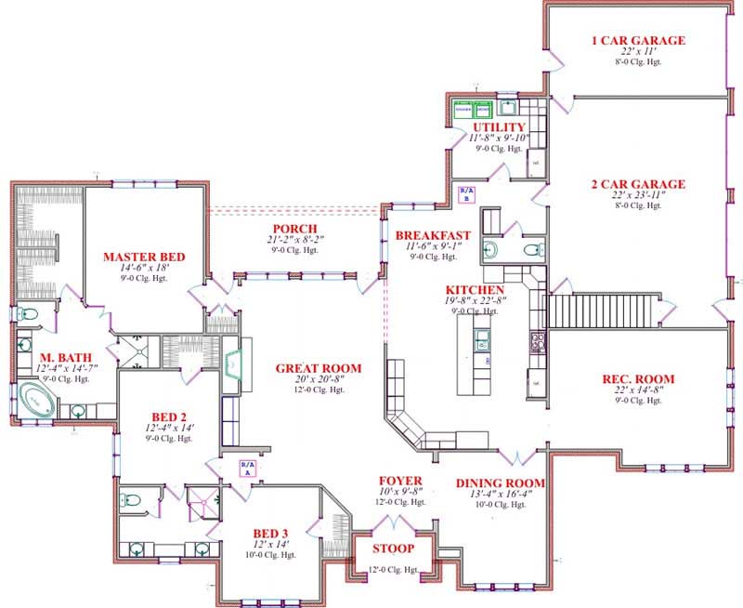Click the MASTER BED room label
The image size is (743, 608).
click(144, 257)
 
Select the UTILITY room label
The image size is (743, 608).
click(499, 126)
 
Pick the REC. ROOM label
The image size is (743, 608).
click(638, 378)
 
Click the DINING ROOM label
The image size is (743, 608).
click(500, 483)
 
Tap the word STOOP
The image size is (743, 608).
click(392, 548)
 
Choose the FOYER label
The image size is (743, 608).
click(400, 479)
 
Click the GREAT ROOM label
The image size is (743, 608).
click(318, 368)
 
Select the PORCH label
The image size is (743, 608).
click(295, 229)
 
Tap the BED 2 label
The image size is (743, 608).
click(170, 416)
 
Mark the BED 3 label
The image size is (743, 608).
click(271, 533)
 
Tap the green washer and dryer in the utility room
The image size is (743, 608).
click(472, 110)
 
